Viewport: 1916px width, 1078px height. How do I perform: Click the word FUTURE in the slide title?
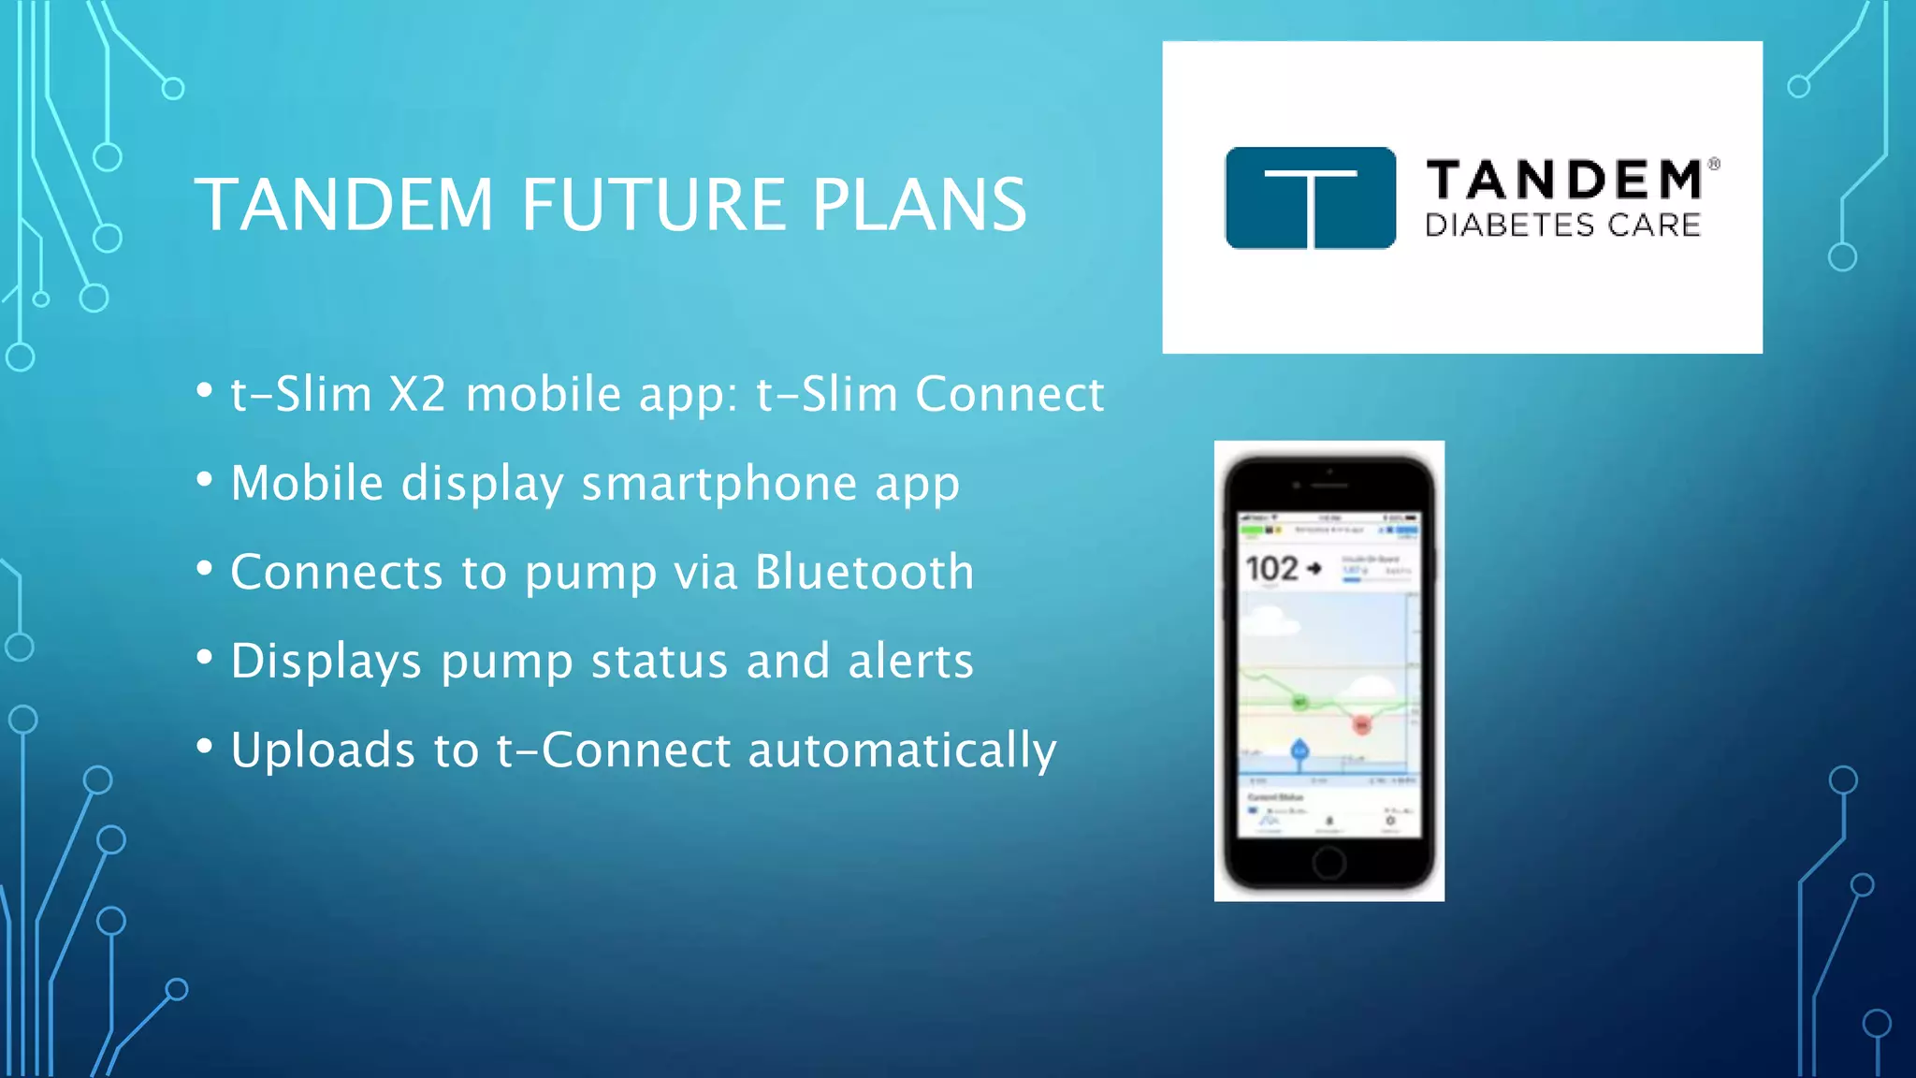(654, 205)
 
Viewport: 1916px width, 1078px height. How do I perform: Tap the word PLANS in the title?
(920, 205)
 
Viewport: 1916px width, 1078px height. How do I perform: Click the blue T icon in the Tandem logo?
(1310, 197)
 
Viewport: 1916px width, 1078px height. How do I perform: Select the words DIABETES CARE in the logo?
(1562, 226)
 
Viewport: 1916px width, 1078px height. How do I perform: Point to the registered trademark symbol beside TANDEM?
(1714, 164)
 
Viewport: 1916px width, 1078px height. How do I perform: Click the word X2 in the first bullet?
(417, 394)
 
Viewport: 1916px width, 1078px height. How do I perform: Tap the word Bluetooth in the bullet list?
(864, 572)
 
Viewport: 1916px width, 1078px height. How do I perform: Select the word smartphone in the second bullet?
(718, 484)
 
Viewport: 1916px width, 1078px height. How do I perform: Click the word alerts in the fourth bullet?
(910, 661)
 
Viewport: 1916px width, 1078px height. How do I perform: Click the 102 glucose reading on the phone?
(1271, 568)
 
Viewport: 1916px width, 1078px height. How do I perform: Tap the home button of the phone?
(1328, 862)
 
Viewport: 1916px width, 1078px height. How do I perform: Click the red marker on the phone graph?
(1362, 725)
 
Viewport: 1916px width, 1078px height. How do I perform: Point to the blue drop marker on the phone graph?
(1299, 750)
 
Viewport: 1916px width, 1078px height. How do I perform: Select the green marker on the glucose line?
(1299, 702)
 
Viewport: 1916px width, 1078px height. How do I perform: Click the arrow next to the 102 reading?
(1314, 568)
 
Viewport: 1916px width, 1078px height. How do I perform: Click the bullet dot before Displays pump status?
(205, 657)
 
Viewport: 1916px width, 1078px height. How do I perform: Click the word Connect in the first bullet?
(1009, 394)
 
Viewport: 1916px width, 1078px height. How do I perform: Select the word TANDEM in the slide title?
(344, 205)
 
